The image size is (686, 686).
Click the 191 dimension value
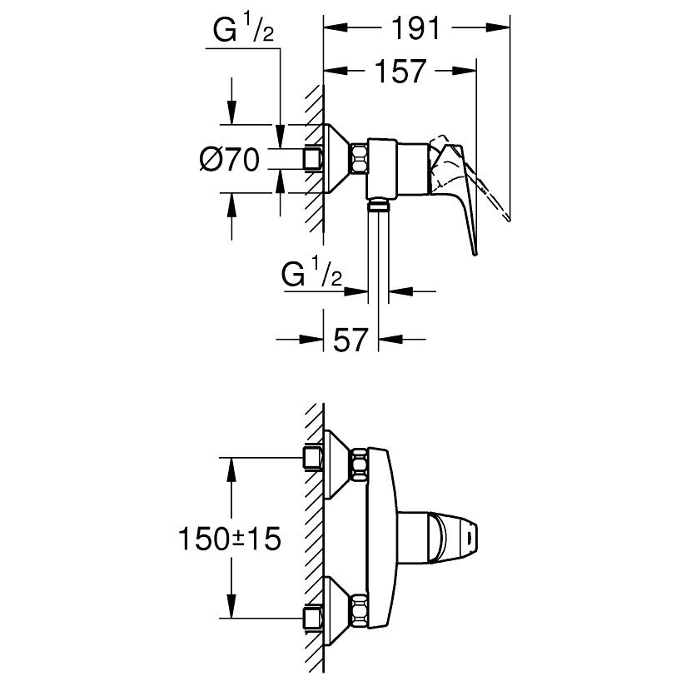[415, 28]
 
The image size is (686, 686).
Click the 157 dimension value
[400, 71]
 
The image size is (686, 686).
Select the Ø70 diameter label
[229, 159]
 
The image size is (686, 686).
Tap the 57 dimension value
[350, 339]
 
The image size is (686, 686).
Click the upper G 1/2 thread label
[243, 29]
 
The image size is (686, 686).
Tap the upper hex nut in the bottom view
[359, 465]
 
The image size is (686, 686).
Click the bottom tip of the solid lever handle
[475, 254]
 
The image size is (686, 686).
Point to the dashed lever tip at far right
[509, 219]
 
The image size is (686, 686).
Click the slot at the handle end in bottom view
[470, 538]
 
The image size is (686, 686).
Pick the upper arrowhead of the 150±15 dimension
[231, 470]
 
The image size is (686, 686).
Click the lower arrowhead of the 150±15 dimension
[231, 605]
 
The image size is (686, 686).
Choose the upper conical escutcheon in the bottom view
[337, 465]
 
